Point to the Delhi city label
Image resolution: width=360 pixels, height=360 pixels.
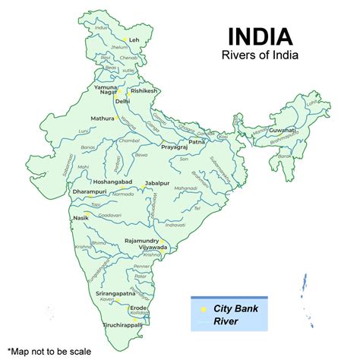(122, 100)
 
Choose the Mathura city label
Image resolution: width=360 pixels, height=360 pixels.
(102, 118)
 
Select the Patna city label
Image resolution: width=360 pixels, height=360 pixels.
(197, 141)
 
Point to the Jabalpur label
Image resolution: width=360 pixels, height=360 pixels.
(157, 183)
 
